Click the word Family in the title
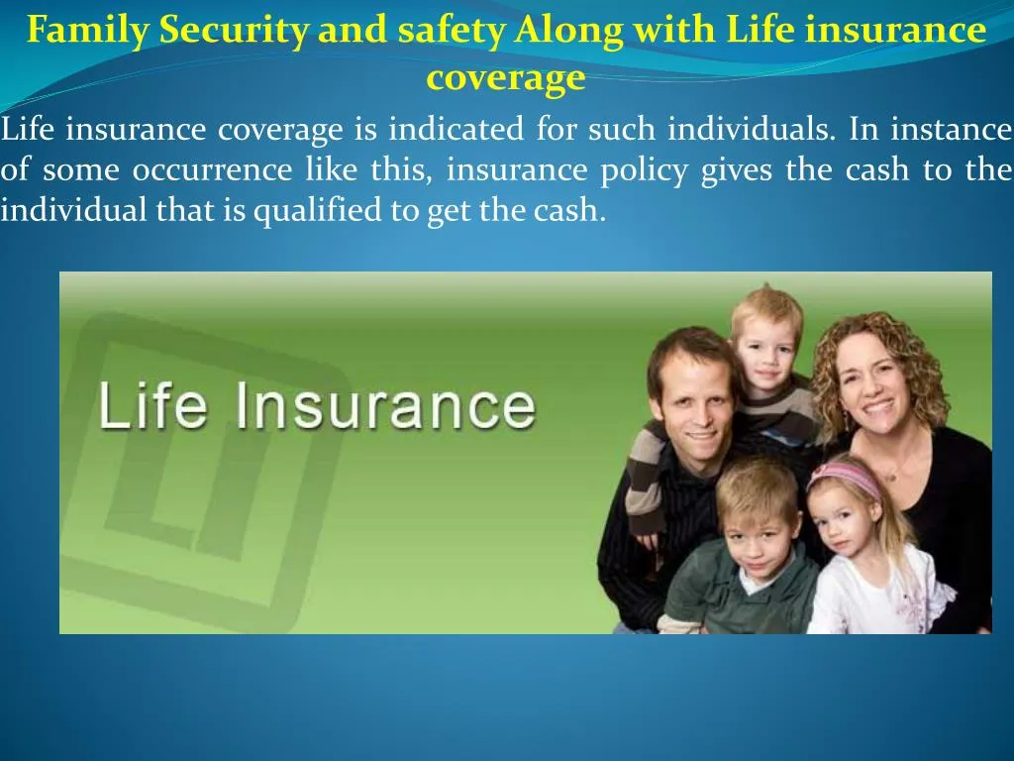(89, 31)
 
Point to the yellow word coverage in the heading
(506, 77)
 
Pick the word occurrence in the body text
(212, 170)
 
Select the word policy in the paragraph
(644, 170)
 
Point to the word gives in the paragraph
(738, 170)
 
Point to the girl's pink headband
(844, 476)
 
